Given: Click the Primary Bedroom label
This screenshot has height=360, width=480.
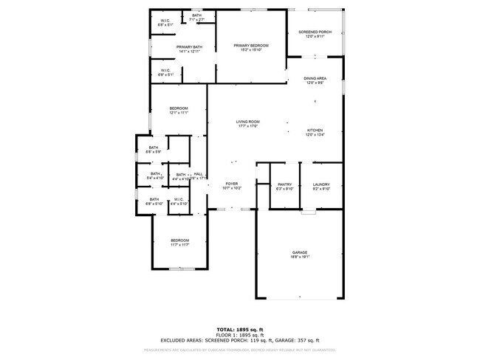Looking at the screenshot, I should coord(251,46).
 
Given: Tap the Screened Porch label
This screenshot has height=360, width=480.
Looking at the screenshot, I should coord(315,32).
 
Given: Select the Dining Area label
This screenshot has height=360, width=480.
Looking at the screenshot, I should coord(316,77).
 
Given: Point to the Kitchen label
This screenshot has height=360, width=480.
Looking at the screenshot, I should coord(315,130).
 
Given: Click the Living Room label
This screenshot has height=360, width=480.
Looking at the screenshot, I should coord(247,122).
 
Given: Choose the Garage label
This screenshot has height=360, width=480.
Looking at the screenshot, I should coord(299,252).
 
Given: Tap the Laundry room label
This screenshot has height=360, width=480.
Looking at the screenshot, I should coord(320,184).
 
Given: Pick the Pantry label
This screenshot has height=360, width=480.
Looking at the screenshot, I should coord(284,184).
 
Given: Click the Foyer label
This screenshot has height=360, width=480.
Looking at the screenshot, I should coord(231,184).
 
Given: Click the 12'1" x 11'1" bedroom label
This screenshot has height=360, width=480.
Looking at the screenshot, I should coord(179,108).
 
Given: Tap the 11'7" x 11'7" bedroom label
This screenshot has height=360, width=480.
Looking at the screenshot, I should coord(180,240).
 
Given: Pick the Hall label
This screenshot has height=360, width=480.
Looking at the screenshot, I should coord(198,174).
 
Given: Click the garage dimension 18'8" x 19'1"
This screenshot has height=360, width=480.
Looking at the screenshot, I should coord(299,257).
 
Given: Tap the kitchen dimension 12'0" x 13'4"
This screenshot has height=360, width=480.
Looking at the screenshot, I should coord(315,135).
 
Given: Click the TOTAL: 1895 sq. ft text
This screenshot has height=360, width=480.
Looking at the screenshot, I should coord(240,329).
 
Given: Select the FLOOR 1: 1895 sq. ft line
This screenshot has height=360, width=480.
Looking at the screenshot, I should coord(240,334).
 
